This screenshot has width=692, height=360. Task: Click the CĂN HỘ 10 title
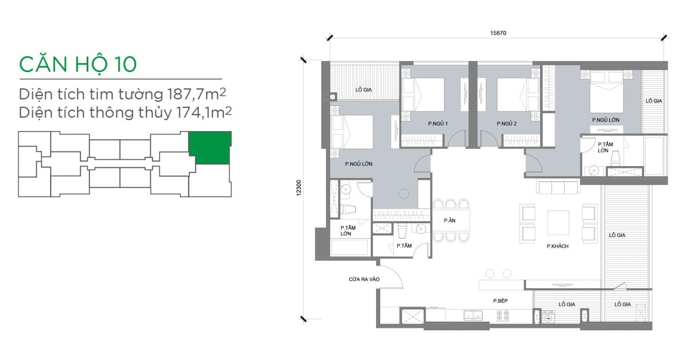[x=78, y=64]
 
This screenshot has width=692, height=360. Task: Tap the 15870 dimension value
[x=498, y=33]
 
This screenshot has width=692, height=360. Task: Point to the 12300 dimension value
[x=298, y=188]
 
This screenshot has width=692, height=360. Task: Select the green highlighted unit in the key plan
[x=210, y=147]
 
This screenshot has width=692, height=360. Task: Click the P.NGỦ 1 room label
[x=438, y=123]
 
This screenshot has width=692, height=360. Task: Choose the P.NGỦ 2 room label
[x=507, y=123]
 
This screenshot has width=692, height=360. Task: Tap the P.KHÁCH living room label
[x=558, y=246]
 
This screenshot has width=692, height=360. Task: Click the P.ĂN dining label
[x=450, y=221]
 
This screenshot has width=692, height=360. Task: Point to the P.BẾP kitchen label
[x=501, y=301]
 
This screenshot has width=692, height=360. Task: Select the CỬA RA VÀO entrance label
[x=364, y=279]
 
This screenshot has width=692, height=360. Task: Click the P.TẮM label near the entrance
[x=404, y=246]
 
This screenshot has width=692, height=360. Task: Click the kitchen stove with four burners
[x=503, y=315]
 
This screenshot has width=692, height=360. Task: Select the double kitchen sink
[x=473, y=315]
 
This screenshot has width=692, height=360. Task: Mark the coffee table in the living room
[x=558, y=223]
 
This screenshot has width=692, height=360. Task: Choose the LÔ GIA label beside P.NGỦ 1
[x=363, y=90]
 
